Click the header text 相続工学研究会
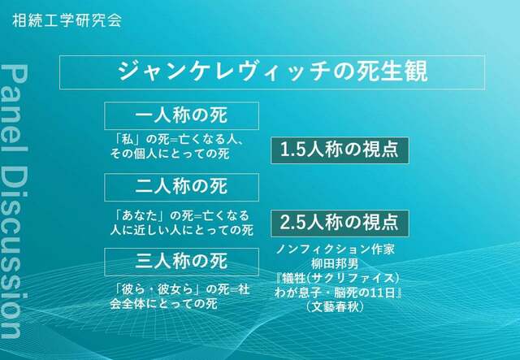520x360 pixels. [67, 20]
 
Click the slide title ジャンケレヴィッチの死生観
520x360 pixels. [273, 72]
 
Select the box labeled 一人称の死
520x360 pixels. [182, 115]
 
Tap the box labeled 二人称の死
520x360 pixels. [182, 187]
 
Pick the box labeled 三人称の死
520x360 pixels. [182, 262]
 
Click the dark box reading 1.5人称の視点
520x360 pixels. [340, 150]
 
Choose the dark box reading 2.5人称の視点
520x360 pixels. [340, 223]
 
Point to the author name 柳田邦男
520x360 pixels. [335, 264]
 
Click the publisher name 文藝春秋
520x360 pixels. [335, 306]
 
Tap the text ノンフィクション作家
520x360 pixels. [336, 249]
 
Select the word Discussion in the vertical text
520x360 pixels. [14, 249]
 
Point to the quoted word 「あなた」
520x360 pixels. [141, 215]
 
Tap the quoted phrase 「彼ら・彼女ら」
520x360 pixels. [158, 289]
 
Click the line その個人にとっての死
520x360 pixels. [170, 154]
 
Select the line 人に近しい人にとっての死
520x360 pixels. [182, 230]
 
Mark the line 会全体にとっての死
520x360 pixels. [164, 304]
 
